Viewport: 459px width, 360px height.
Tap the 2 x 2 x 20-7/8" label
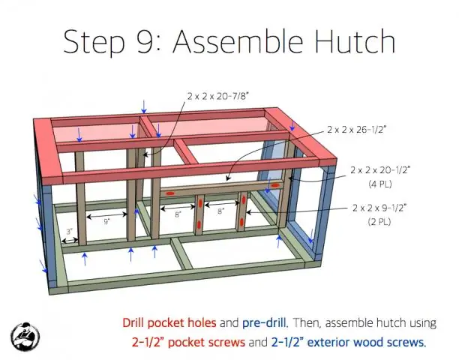[x=218, y=96]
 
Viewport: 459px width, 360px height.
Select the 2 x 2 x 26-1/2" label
[x=356, y=129]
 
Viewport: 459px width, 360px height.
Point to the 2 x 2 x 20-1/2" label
[x=380, y=169]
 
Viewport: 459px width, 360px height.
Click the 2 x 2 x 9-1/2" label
[x=379, y=208]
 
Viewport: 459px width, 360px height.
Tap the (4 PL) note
[x=380, y=184]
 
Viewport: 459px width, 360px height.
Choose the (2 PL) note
[x=379, y=222]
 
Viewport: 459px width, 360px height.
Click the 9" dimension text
[x=106, y=222]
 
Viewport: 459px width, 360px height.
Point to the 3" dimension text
[x=70, y=232]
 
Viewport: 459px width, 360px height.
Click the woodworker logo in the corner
[x=25, y=337]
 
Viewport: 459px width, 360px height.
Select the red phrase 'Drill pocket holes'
[x=169, y=322]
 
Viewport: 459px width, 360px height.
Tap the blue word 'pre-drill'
[x=265, y=322]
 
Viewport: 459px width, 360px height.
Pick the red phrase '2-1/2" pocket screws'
[x=188, y=342]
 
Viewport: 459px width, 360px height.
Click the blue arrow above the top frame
[x=144, y=106]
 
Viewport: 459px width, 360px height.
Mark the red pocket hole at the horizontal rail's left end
[x=170, y=193]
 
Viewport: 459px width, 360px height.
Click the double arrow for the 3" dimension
[x=70, y=241]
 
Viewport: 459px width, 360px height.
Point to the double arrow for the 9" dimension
[x=107, y=216]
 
